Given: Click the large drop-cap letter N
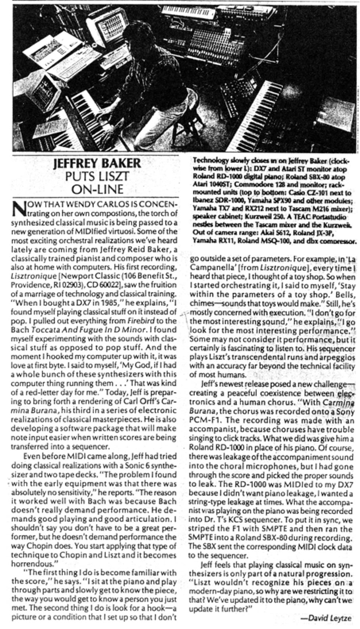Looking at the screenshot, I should pyautogui.click(x=17, y=208).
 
